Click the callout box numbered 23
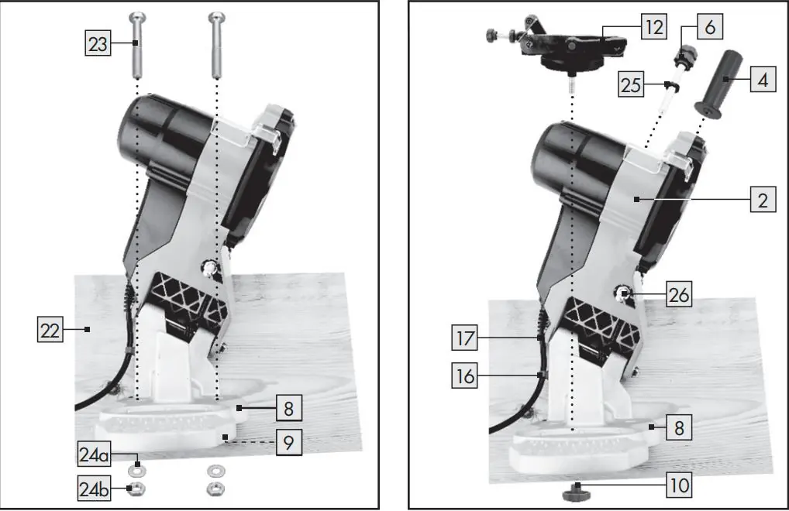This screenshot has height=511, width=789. click(98, 43)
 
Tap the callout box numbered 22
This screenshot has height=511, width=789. click(50, 329)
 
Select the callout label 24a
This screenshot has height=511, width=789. click(94, 454)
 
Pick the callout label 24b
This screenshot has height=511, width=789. click(94, 489)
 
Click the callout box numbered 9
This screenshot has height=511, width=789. click(289, 442)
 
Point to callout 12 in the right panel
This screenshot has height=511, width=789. click(654, 26)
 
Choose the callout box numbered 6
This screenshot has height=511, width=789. click(710, 26)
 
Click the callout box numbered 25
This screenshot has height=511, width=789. click(631, 84)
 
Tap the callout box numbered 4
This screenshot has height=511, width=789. click(763, 79)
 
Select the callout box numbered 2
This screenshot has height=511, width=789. click(763, 199)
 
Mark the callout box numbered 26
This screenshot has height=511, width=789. click(679, 294)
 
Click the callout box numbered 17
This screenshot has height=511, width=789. click(464, 337)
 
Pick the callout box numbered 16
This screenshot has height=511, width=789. click(464, 375)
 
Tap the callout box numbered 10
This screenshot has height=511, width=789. click(679, 485)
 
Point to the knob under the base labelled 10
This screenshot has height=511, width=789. click(577, 492)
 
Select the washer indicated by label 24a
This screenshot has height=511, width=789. click(136, 471)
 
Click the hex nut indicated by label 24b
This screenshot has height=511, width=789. click(136, 489)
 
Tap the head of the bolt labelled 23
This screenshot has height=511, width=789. click(136, 19)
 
